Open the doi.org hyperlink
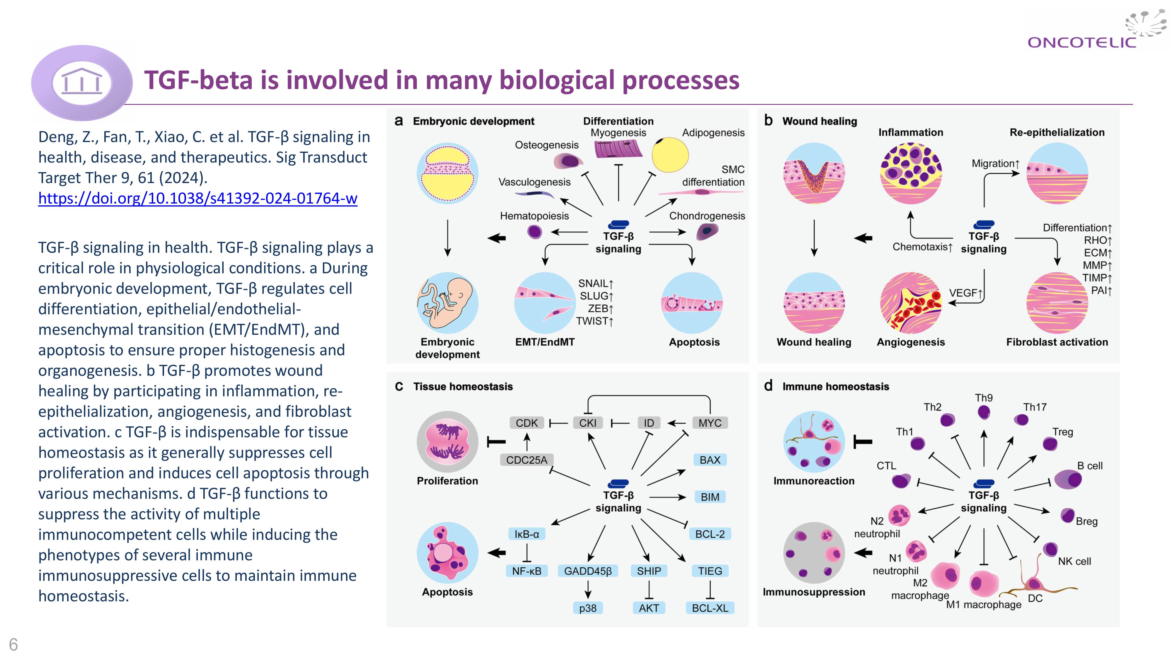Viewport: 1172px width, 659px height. [x=197, y=198]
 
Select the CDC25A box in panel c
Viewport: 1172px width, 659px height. [x=527, y=460]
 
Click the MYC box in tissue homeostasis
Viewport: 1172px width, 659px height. [x=710, y=423]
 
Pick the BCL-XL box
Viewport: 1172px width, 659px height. [x=710, y=608]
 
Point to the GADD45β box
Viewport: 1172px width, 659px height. [x=588, y=571]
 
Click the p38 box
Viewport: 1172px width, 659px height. [x=588, y=608]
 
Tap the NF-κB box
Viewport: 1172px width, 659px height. [x=527, y=571]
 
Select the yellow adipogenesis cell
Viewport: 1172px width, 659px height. [x=670, y=155]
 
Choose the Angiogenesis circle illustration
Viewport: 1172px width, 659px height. [x=911, y=303]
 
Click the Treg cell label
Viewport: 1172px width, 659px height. [x=1062, y=432]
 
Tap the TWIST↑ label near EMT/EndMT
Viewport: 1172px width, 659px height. [x=595, y=321]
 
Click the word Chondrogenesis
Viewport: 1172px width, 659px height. [x=707, y=216]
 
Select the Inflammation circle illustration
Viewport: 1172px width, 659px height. [x=911, y=173]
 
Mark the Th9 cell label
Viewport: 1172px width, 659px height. [x=984, y=398]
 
